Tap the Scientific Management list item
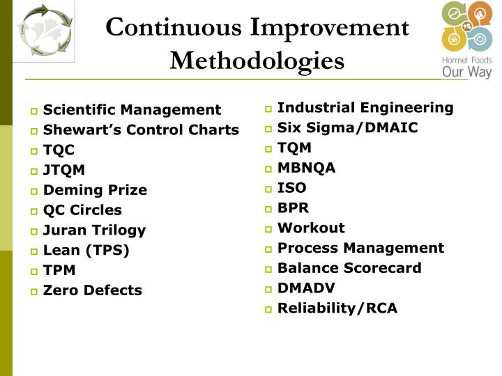pos(132,109)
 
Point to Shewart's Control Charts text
pos(141,130)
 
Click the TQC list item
pos(59,150)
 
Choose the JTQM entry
pos(64,169)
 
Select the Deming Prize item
pos(95,189)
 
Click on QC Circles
pos(82,210)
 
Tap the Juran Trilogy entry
pos(94,230)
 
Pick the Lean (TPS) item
pos(86,250)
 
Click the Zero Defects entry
pos(92,290)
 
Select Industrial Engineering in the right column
pos(365,107)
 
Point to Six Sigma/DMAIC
pos(347,127)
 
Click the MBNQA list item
pos(306,168)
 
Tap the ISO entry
pos(291,187)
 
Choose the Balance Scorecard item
pos(349,268)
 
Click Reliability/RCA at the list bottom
pos(337,308)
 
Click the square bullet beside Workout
pos(268,229)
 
